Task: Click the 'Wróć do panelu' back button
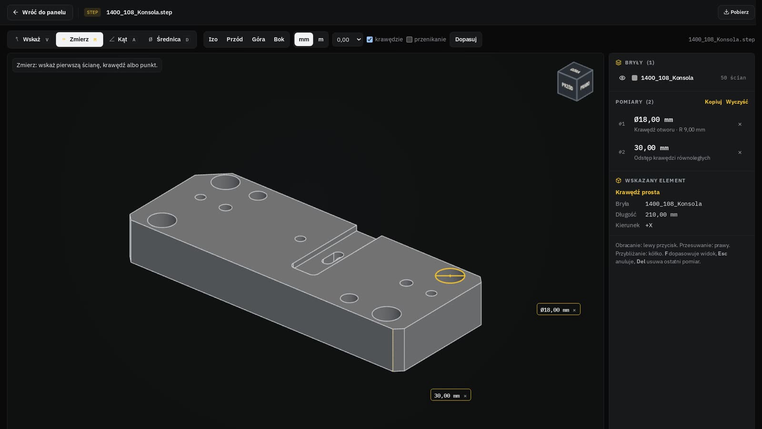tap(40, 12)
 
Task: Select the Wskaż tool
tap(32, 40)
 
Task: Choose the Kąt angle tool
tap(122, 40)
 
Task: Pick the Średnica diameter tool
tap(169, 40)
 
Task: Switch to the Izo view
tap(213, 40)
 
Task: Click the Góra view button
tap(259, 40)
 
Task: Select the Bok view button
tap(279, 40)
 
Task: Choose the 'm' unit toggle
tap(321, 40)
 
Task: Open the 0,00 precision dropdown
tap(348, 40)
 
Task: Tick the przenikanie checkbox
tap(409, 40)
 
